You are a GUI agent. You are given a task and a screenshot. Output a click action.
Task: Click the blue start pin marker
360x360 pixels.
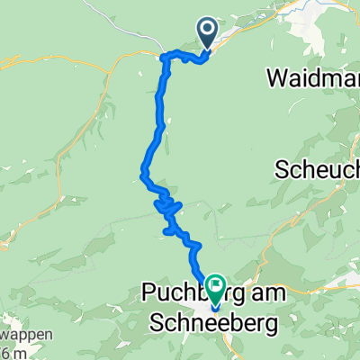click(207, 34)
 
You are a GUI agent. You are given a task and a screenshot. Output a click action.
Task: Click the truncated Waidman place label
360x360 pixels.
click(313, 78)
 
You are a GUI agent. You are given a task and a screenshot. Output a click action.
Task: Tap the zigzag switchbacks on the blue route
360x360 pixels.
click(167, 208)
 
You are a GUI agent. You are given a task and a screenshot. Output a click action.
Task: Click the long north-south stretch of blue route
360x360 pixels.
click(162, 108)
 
